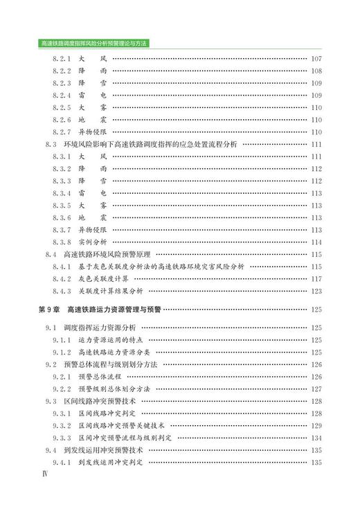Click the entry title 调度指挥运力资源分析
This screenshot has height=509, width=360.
click(x=99, y=328)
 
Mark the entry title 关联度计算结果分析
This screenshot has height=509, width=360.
click(x=110, y=291)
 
